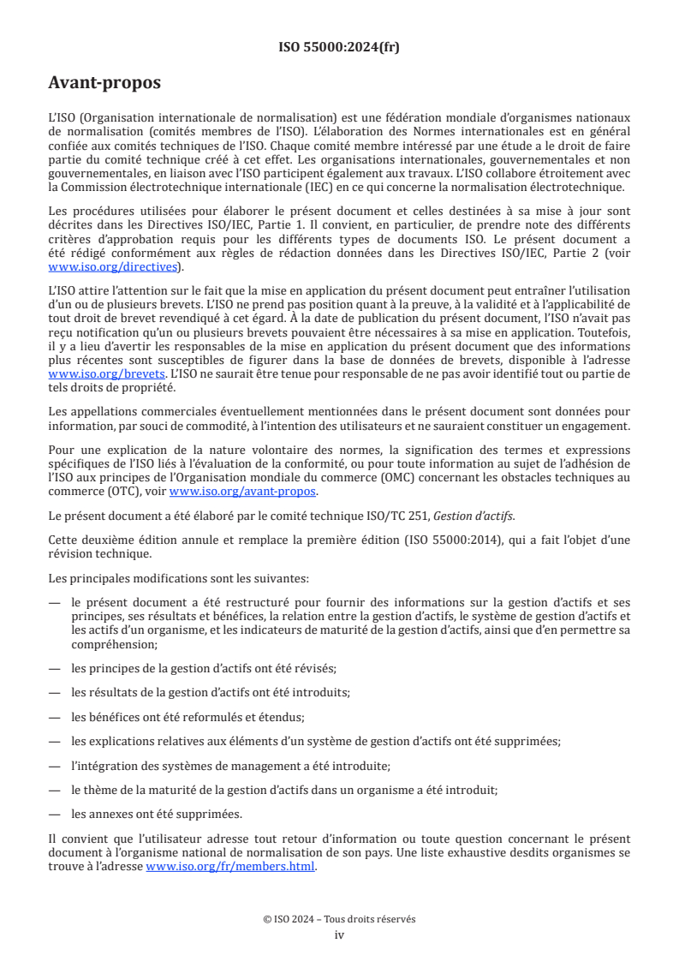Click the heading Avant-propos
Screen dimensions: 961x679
pyautogui.click(x=104, y=84)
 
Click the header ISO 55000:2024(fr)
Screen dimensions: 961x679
pyautogui.click(x=339, y=47)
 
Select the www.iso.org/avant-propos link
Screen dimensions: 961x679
pyautogui.click(x=243, y=491)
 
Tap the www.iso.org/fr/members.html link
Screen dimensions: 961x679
pyautogui.click(x=231, y=866)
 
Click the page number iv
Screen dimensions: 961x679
pyautogui.click(x=339, y=934)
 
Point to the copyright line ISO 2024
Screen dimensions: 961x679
pyautogui.click(x=339, y=919)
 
